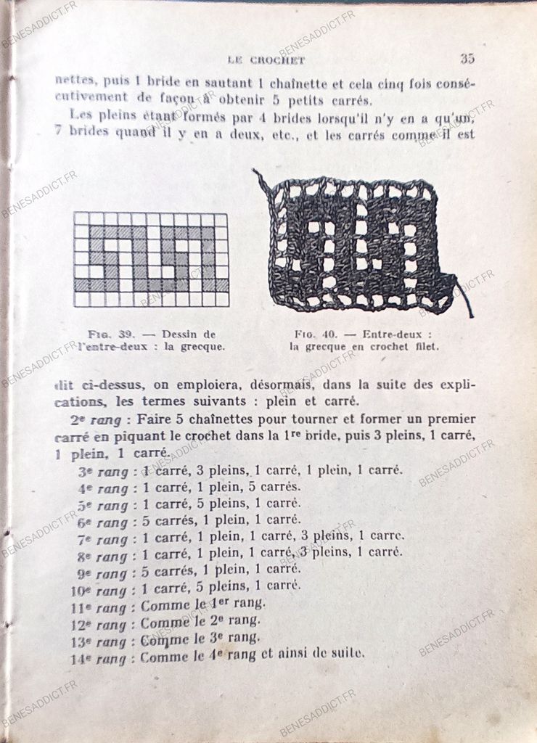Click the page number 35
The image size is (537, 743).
pos(467,59)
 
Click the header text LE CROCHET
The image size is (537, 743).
pos(266,60)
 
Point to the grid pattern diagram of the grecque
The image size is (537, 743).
pos(151,259)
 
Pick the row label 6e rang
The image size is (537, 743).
pos(102,521)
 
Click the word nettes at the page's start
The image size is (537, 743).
pos(75,81)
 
